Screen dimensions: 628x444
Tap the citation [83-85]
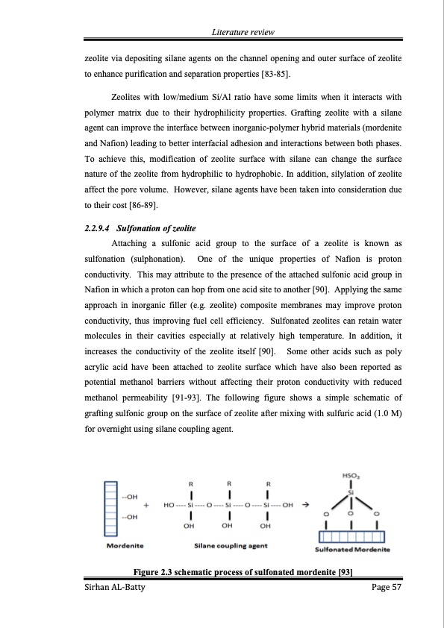click(271, 75)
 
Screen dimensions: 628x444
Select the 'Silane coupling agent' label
click(231, 546)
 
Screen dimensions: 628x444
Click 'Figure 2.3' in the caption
click(154, 572)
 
